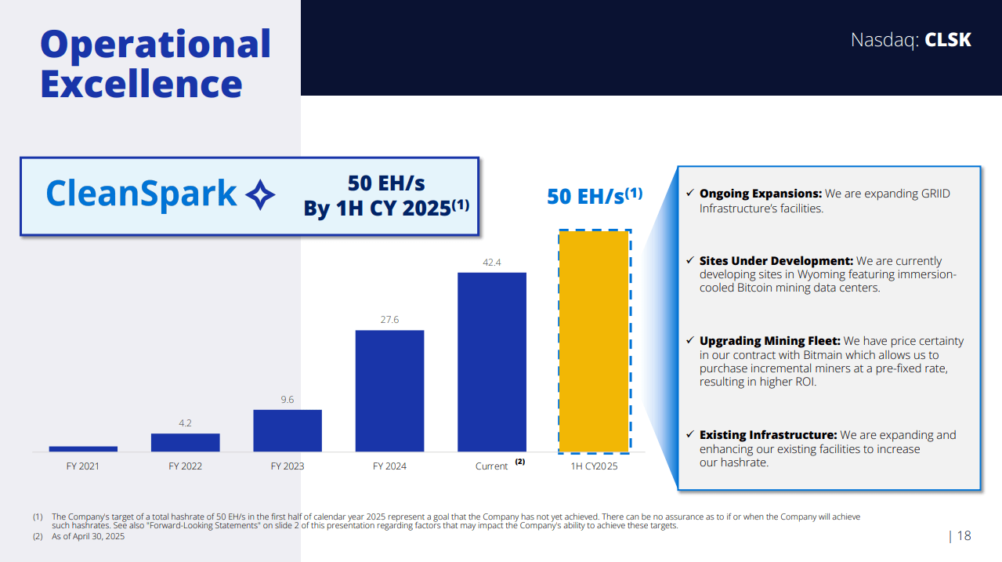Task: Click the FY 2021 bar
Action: tap(83, 449)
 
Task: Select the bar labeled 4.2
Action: tap(185, 443)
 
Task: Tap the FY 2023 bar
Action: tap(288, 430)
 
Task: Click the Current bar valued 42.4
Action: tap(492, 361)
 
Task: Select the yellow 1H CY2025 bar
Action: tap(594, 342)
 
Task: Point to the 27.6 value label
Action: tap(389, 320)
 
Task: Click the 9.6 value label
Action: tap(288, 400)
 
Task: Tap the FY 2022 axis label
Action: tap(185, 466)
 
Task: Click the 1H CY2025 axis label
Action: tap(594, 466)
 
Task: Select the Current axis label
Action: tap(492, 466)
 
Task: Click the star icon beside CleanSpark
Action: tap(260, 194)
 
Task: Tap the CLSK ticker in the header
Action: tap(948, 40)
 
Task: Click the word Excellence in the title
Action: tap(141, 84)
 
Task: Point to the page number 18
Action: tap(964, 536)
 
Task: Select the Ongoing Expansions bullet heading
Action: tap(760, 194)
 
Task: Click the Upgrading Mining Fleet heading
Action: tap(769, 341)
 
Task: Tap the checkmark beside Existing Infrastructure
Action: tap(689, 434)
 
